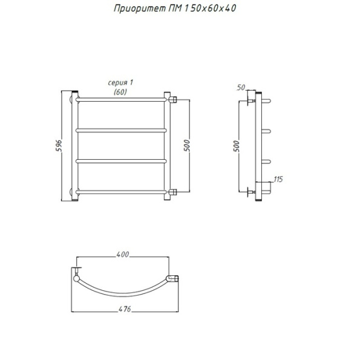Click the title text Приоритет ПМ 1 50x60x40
(175, 8)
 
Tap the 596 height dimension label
(59, 146)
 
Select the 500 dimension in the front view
(187, 146)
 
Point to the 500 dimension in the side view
(237, 146)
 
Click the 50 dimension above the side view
(241, 88)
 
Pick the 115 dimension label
(278, 180)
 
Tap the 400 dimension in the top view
(122, 255)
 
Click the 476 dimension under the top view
(125, 309)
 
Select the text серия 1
(120, 83)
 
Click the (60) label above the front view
(120, 92)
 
